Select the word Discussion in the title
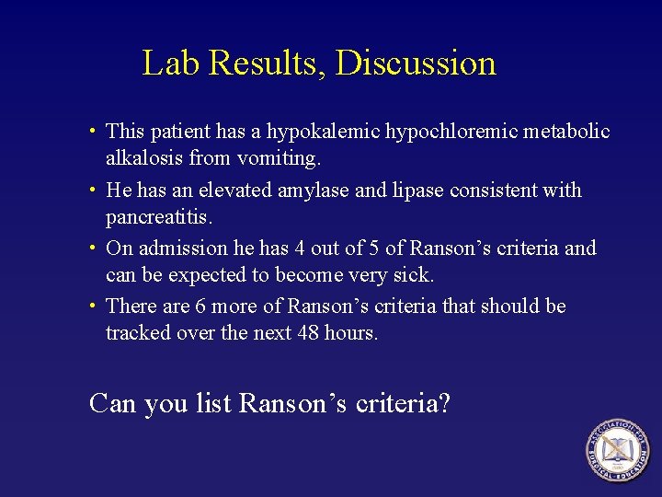[416, 63]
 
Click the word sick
[414, 275]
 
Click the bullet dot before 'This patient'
[96, 133]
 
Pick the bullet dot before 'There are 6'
[96, 306]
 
